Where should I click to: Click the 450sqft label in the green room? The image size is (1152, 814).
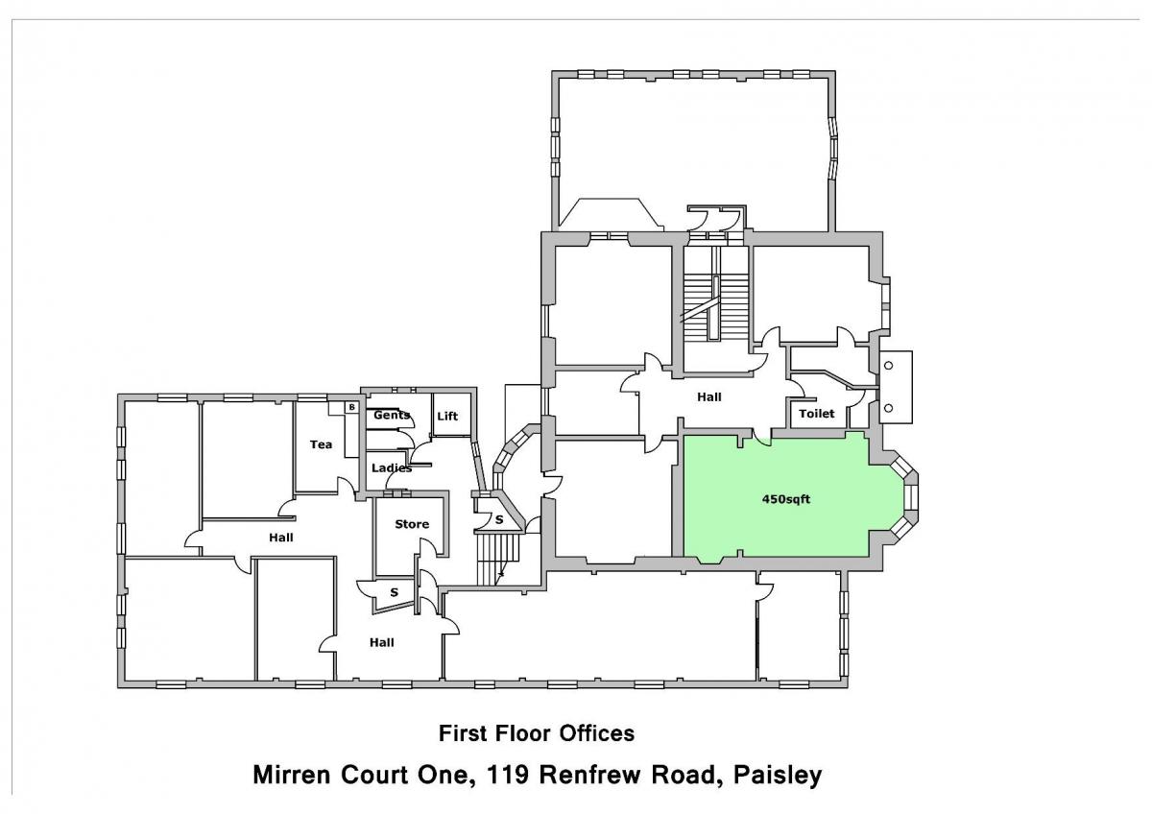point(786,499)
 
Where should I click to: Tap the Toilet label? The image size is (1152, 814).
point(817,414)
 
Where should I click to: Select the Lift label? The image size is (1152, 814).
point(447,416)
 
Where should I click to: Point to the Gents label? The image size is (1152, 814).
point(392,415)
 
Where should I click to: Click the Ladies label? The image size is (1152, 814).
point(392,467)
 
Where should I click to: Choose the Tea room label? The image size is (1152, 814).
point(321,444)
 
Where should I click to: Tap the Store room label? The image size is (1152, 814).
point(412,524)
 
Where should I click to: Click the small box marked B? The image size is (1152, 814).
point(351,407)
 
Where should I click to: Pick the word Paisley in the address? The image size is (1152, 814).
point(778,775)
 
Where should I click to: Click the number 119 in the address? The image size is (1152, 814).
point(508,774)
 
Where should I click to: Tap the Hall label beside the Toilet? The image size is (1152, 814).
point(709,397)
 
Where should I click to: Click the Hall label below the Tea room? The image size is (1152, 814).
point(280,538)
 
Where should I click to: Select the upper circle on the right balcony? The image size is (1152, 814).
point(888,366)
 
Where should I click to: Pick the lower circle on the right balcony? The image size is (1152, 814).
point(888,408)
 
